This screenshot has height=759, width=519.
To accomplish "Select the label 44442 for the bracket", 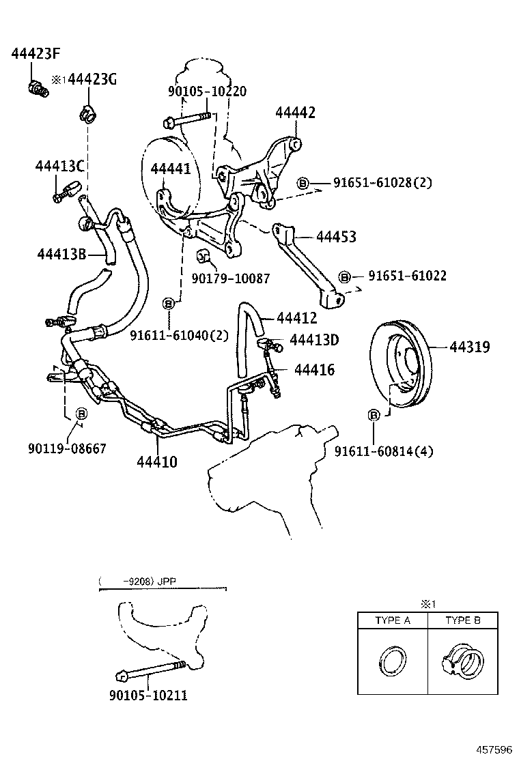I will point(295,113).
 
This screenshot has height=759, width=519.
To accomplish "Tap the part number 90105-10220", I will point(207,91).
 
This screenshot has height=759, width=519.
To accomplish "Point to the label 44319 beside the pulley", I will point(469,347).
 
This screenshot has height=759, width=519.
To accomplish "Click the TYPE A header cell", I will point(393,620).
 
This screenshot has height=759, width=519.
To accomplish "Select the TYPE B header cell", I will point(463,620).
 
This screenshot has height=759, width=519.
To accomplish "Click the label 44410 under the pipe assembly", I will point(157,462).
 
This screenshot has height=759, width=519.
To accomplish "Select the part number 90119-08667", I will point(67,448).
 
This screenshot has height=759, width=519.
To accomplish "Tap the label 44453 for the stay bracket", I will point(336,237).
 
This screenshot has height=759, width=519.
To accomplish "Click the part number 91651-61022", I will point(408,276).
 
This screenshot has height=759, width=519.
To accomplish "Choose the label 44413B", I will point(61,255).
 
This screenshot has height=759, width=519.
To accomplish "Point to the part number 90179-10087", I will point(231,278).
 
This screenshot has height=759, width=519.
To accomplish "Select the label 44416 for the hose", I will point(314,370).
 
